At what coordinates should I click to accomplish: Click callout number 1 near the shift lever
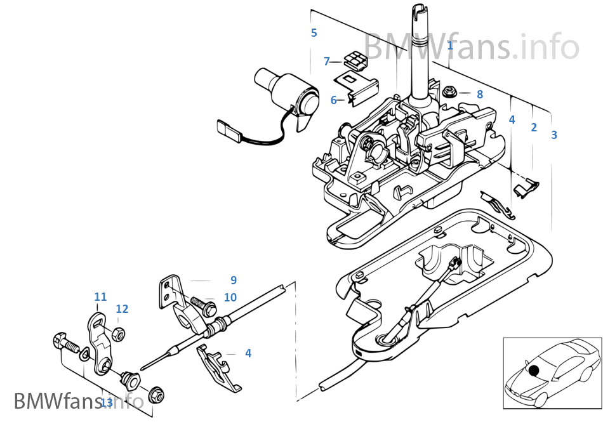[x=450, y=45]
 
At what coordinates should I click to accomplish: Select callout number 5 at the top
[x=314, y=32]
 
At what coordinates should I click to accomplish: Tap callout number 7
[x=327, y=62]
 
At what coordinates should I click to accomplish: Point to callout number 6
[x=333, y=100]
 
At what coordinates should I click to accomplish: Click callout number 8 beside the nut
[x=480, y=94]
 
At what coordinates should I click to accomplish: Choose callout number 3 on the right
[x=554, y=135]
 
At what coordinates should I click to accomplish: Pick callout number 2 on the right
[x=534, y=127]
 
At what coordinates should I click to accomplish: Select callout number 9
[x=234, y=280]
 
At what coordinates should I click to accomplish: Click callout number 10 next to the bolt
[x=230, y=297]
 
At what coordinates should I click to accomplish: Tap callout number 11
[x=100, y=296]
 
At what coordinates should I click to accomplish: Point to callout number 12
[x=122, y=309]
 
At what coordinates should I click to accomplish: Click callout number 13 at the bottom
[x=107, y=402]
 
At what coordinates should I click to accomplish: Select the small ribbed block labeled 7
[x=355, y=61]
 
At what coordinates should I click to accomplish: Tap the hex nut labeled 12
[x=117, y=333]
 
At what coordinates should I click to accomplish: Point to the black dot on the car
[x=533, y=370]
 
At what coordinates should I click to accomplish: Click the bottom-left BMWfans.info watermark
[x=79, y=401]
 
